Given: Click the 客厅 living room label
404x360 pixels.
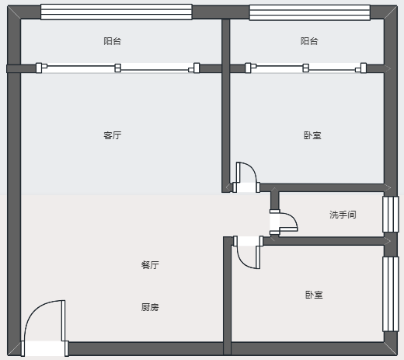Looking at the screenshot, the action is (x=113, y=135).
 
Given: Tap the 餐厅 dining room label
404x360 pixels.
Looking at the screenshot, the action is (x=150, y=265).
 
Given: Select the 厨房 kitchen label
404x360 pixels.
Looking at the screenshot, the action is (x=150, y=307).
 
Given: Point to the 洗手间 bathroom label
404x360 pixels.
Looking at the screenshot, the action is (x=343, y=215).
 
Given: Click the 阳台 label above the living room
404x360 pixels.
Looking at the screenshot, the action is (x=113, y=41).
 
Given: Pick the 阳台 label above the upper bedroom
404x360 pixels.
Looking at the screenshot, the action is (x=309, y=41).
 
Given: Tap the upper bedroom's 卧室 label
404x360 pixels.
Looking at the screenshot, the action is (x=312, y=135).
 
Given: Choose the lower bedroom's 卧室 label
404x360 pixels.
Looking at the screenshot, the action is (x=314, y=295).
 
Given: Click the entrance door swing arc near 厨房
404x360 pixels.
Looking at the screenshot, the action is (x=33, y=309).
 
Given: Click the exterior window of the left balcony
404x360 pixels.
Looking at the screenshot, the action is (x=117, y=12).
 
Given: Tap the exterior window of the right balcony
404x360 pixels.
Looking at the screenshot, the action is (x=309, y=12).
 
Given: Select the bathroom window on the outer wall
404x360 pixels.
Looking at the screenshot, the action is (x=391, y=214).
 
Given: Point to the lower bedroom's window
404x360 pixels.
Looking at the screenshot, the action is (x=391, y=294).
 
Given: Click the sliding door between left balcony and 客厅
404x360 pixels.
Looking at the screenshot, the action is (x=117, y=68).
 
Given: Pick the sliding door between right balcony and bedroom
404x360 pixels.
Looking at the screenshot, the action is (x=305, y=68).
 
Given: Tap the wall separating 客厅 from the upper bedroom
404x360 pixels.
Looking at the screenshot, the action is (x=225, y=106).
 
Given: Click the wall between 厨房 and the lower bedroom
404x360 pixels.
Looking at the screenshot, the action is (x=227, y=295).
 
